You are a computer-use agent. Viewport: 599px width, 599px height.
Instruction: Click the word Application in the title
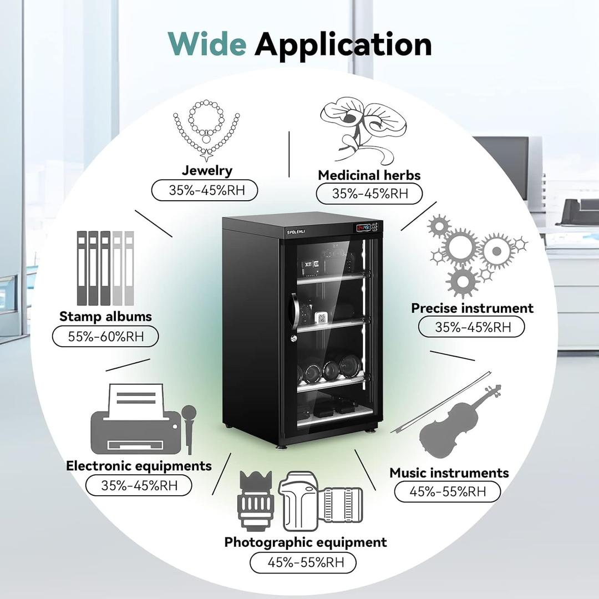tap(343, 44)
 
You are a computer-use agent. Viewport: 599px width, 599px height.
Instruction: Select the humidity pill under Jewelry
tap(205, 190)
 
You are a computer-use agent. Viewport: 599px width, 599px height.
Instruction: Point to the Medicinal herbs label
tap(369, 175)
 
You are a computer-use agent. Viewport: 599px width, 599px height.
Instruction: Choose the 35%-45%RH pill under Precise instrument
tap(471, 327)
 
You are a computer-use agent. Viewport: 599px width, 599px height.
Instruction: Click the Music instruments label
tap(449, 473)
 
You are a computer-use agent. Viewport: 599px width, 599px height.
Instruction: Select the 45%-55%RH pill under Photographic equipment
tap(303, 562)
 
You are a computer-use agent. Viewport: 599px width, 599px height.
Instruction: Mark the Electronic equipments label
tap(139, 465)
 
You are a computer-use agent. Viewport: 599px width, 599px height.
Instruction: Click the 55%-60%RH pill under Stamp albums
tap(105, 336)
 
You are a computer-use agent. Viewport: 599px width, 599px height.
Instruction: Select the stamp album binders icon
tap(105, 267)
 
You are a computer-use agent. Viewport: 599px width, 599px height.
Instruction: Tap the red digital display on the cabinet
tap(363, 228)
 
